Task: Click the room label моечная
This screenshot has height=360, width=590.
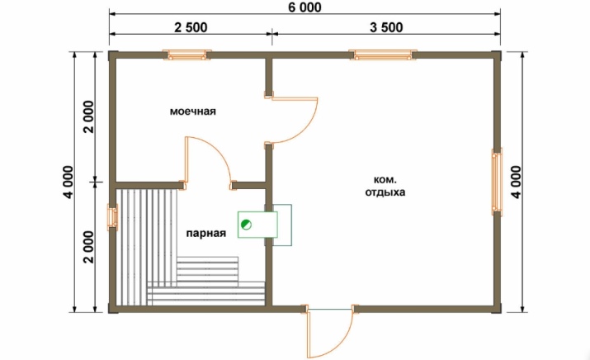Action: [192, 111]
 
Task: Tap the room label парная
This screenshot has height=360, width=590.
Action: [206, 234]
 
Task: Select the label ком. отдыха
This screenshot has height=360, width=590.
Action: [385, 186]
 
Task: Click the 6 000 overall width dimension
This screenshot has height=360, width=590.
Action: [304, 7]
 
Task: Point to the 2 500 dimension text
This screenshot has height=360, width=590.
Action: [191, 27]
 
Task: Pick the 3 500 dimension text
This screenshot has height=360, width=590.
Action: [386, 27]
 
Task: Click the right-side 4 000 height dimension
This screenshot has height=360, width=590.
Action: [517, 182]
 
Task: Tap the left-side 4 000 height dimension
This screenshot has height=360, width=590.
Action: [68, 182]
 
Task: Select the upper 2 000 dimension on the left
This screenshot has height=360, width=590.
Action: [89, 116]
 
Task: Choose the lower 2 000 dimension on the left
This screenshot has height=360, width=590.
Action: [89, 247]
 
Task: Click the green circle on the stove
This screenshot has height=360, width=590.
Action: [247, 225]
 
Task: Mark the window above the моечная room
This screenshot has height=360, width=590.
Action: [186, 55]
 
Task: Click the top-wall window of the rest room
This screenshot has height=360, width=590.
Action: [383, 55]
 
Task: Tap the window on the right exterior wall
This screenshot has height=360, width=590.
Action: [497, 182]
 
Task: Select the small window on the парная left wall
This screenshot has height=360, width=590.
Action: [112, 217]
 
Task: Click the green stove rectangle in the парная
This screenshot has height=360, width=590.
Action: [257, 225]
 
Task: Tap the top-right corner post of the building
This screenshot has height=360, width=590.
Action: [497, 55]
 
